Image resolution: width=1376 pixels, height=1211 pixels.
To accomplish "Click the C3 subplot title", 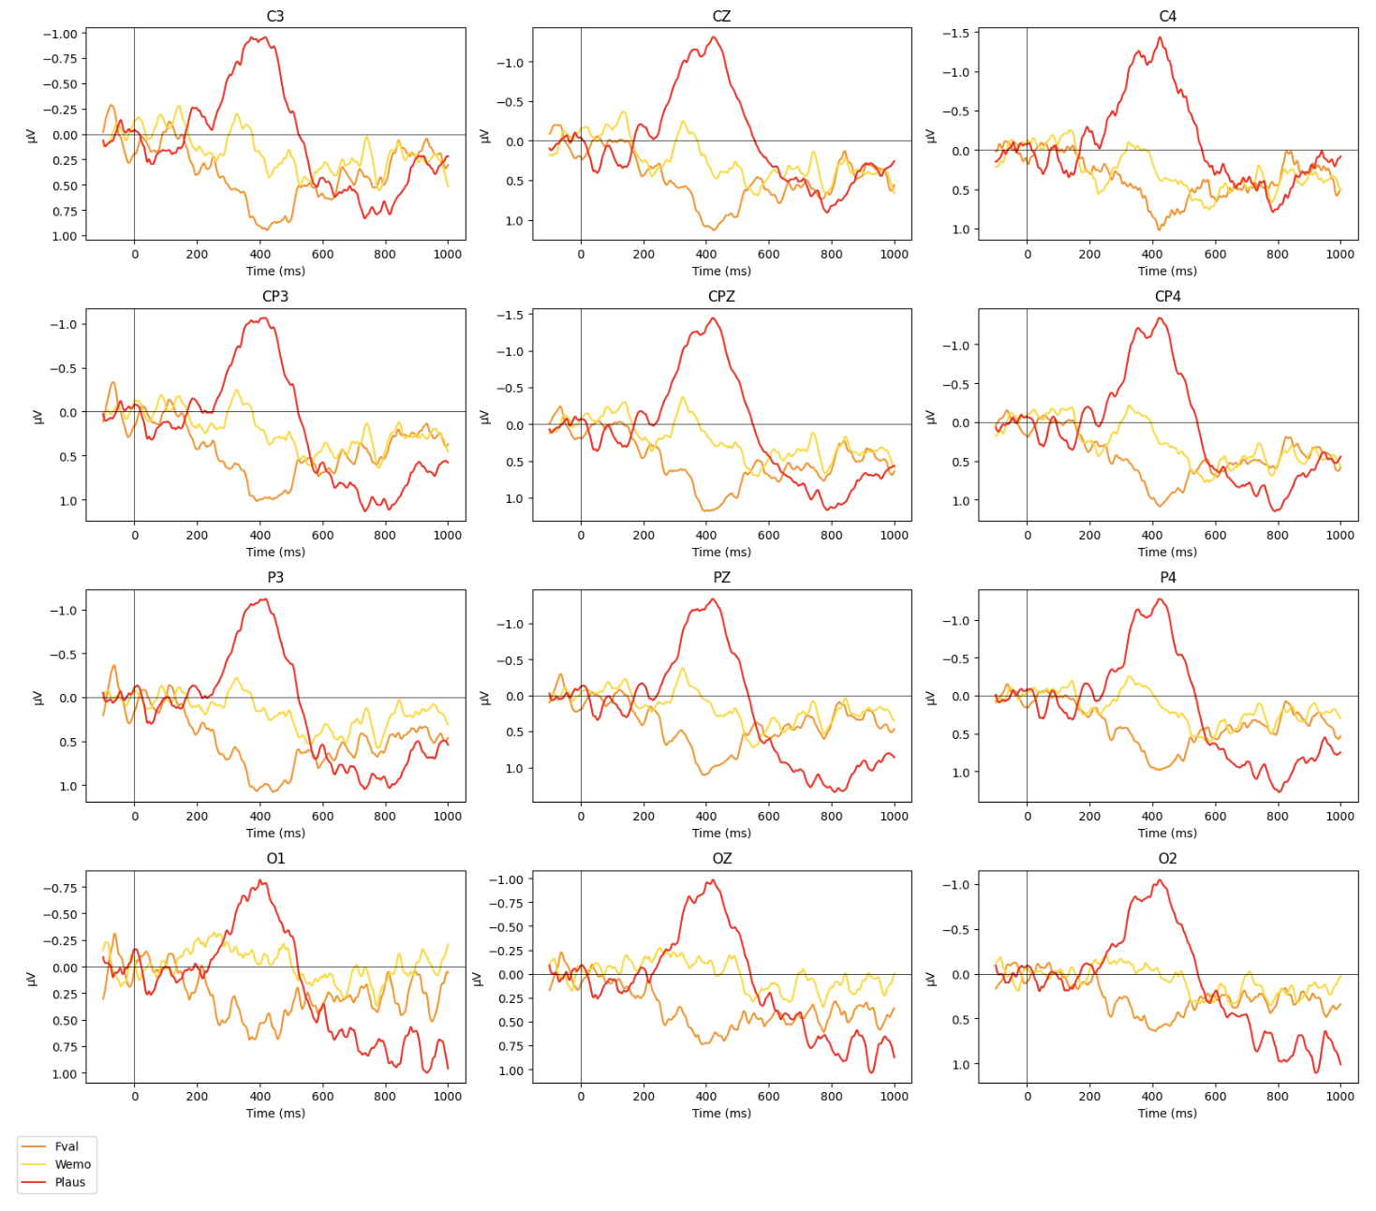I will [274, 16].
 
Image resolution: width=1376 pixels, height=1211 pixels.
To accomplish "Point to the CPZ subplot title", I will [721, 296].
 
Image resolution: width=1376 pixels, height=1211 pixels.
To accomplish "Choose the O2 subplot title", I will [1167, 858].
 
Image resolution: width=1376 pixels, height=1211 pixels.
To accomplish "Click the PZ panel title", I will [721, 577].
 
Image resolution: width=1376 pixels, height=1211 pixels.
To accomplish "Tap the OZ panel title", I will [721, 858].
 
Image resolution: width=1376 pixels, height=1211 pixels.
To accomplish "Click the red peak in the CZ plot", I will [714, 37].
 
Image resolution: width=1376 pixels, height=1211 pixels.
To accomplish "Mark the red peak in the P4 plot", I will [1160, 599].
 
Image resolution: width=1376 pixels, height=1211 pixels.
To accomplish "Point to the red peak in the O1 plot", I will [261, 880].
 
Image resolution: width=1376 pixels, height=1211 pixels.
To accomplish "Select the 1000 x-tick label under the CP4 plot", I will [1339, 535].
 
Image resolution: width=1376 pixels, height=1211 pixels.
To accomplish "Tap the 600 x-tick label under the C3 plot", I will [322, 254].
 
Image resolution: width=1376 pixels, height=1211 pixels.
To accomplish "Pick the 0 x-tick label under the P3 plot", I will [134, 816].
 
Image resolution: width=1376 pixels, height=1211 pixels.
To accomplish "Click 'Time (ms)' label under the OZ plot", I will [721, 1113].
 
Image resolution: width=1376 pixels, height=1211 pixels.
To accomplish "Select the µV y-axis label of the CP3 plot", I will [38, 416].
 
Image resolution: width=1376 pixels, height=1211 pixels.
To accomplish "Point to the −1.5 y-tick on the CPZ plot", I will [510, 315].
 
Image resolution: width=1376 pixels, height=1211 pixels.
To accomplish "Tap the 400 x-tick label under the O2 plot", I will [1152, 1096].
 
